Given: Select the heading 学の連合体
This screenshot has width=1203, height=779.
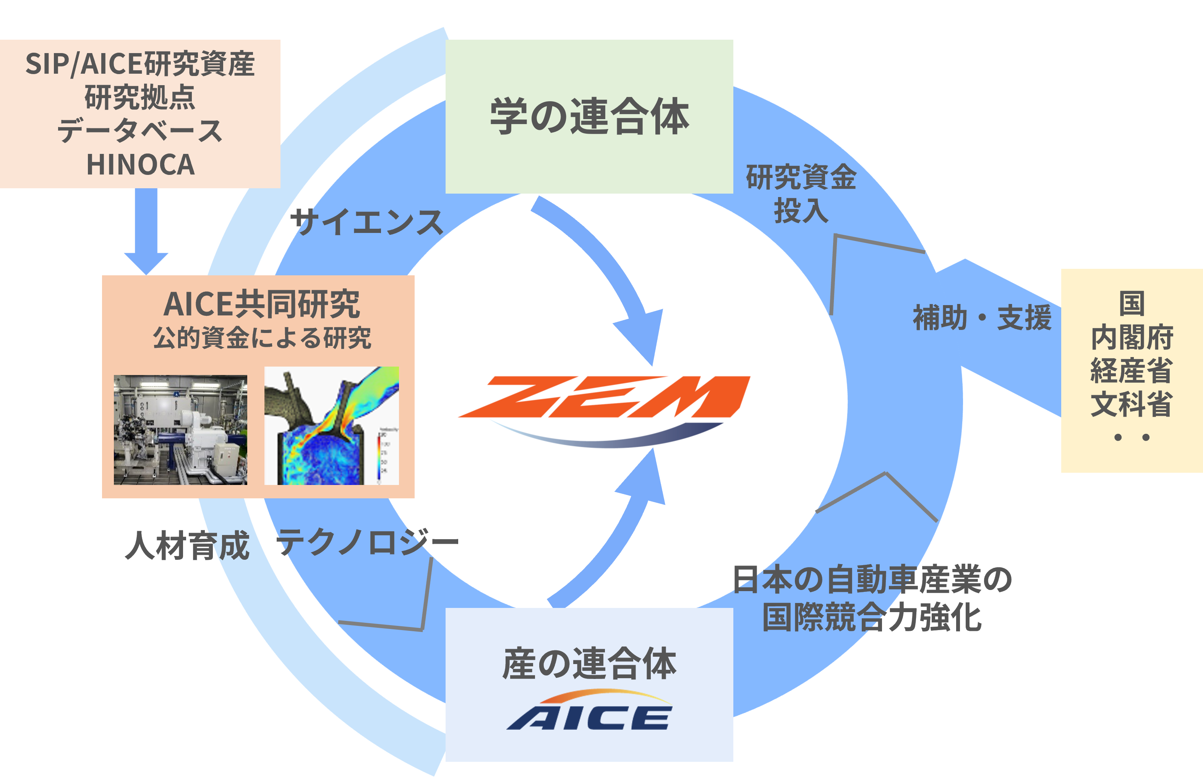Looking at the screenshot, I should click(589, 117).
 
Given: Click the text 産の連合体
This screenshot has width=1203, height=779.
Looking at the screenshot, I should click(589, 663).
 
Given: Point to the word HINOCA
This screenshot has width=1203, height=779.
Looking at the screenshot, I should click(141, 165).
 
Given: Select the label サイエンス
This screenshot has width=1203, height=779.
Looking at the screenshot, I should click(367, 222).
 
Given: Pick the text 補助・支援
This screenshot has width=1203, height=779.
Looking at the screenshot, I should click(982, 318).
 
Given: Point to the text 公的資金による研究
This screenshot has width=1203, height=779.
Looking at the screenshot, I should click(262, 338).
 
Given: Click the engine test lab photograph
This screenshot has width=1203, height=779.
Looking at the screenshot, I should click(180, 430).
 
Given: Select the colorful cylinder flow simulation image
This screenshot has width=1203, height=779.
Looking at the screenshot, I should click(332, 425).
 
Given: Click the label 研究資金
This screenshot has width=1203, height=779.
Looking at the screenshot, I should click(801, 177).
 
